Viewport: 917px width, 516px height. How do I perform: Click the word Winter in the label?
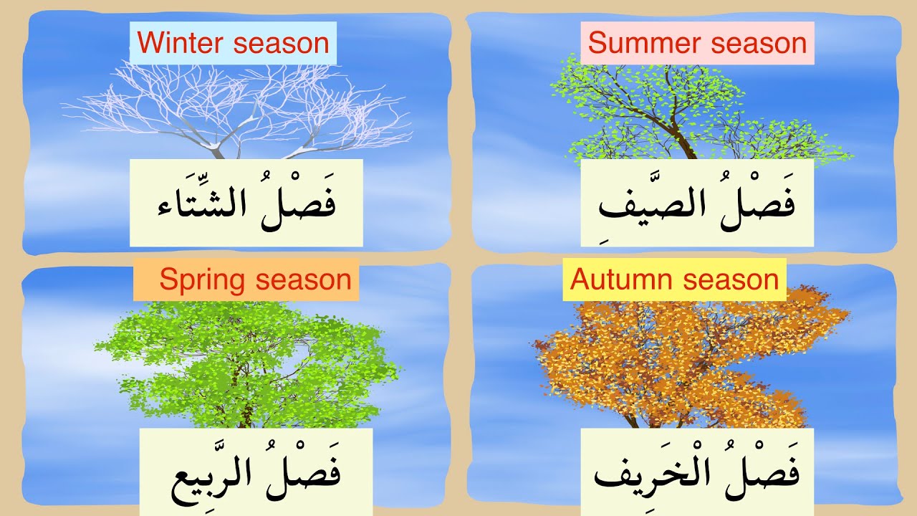pos(182,44)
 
